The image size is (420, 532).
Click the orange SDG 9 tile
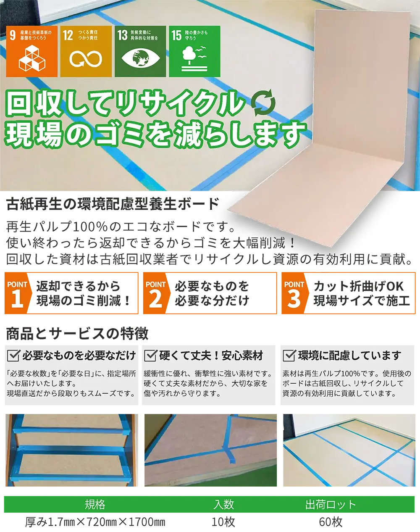[x=32, y=51]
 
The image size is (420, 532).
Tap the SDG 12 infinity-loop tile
[x=86, y=51]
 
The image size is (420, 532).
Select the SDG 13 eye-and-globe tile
[x=140, y=51]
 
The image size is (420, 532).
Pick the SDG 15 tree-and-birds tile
[x=194, y=51]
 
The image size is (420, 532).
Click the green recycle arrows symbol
[x=263, y=103]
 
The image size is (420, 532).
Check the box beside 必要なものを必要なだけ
[x=13, y=356]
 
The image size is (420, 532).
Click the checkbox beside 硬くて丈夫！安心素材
[x=150, y=356]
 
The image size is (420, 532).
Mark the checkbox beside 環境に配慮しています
[x=289, y=356]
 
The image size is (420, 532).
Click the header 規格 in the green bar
[x=95, y=504]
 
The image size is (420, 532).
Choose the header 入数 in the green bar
[x=223, y=504]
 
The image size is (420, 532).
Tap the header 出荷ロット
[x=330, y=504]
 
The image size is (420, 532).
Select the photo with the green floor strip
[x=211, y=450]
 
